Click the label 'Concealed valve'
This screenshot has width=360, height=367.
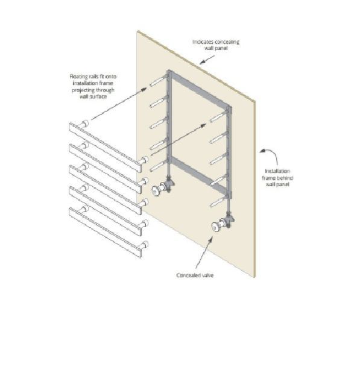pyautogui.click(x=195, y=275)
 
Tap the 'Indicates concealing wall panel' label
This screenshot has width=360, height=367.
pyautogui.click(x=216, y=45)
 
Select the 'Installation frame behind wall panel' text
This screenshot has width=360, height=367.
pyautogui.click(x=277, y=178)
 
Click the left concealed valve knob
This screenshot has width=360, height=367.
pyautogui.click(x=156, y=190)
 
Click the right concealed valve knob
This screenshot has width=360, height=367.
pyautogui.click(x=216, y=227)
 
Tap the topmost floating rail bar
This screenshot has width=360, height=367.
pyautogui.click(x=106, y=148)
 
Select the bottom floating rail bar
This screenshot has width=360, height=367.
pyautogui.click(x=106, y=233)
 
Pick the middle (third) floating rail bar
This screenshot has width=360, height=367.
pyautogui.click(x=106, y=190)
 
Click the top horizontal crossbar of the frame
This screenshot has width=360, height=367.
pyautogui.click(x=199, y=89)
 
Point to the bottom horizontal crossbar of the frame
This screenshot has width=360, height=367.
pyautogui.click(x=199, y=174)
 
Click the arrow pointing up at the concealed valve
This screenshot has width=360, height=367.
pyautogui.click(x=204, y=253)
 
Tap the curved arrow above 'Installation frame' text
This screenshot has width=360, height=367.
pyautogui.click(x=272, y=152)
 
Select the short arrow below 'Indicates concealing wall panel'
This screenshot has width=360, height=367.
pyautogui.click(x=207, y=60)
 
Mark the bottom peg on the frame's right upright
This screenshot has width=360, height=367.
pyautogui.click(x=218, y=202)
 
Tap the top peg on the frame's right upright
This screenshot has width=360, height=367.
pyautogui.click(x=218, y=117)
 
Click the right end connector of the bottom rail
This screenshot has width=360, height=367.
pyautogui.click(x=144, y=245)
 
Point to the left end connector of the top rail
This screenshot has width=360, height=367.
pyautogui.click(x=84, y=124)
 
